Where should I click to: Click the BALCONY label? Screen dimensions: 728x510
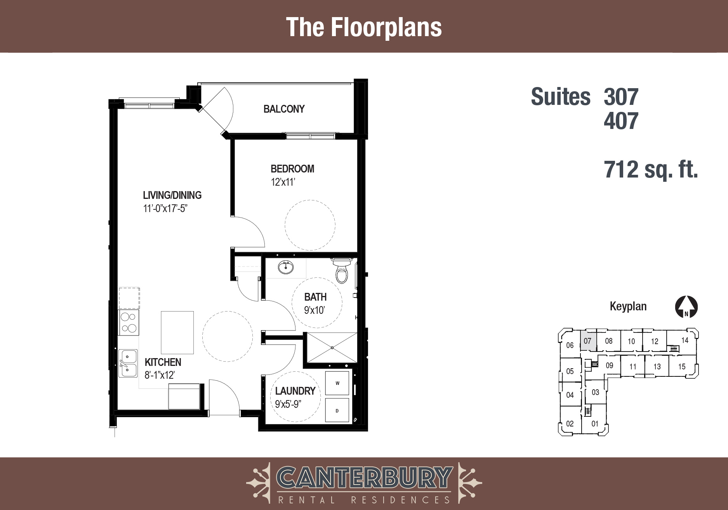coord(284,109)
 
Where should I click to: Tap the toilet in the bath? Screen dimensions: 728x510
coord(342,270)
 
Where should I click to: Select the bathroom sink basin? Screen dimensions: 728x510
coord(286,267)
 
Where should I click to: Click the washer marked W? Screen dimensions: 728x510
coord(337,383)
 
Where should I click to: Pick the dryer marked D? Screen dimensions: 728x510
coord(337,411)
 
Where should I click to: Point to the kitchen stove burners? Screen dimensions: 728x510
coord(129,322)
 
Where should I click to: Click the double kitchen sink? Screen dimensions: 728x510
coord(128,363)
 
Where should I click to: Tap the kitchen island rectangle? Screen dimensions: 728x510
coord(177,332)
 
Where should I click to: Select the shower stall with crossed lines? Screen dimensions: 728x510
coord(332,348)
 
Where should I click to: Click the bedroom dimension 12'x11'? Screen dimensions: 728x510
coord(283,182)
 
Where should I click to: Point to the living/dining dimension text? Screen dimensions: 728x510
coord(165,208)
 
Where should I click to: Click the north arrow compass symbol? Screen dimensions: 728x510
coord(686,307)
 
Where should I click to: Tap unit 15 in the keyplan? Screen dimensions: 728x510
coord(682,366)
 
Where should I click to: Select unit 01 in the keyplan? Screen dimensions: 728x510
coord(595,423)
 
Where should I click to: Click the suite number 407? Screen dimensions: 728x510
coord(621,121)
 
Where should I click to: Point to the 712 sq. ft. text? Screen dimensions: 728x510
coord(651,170)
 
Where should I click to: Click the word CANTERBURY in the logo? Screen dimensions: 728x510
coord(364,477)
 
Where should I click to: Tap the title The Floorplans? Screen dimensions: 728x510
coord(364,27)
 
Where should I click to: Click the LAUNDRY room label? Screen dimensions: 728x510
coord(295,391)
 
